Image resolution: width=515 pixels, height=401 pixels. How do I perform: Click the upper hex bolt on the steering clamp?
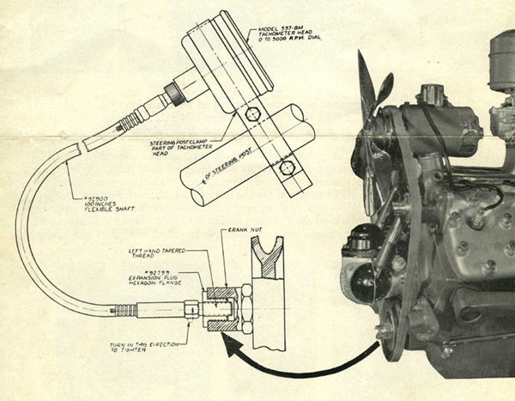(x=251, y=113)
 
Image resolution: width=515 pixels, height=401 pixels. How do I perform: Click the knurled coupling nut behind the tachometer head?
(x=177, y=93)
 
